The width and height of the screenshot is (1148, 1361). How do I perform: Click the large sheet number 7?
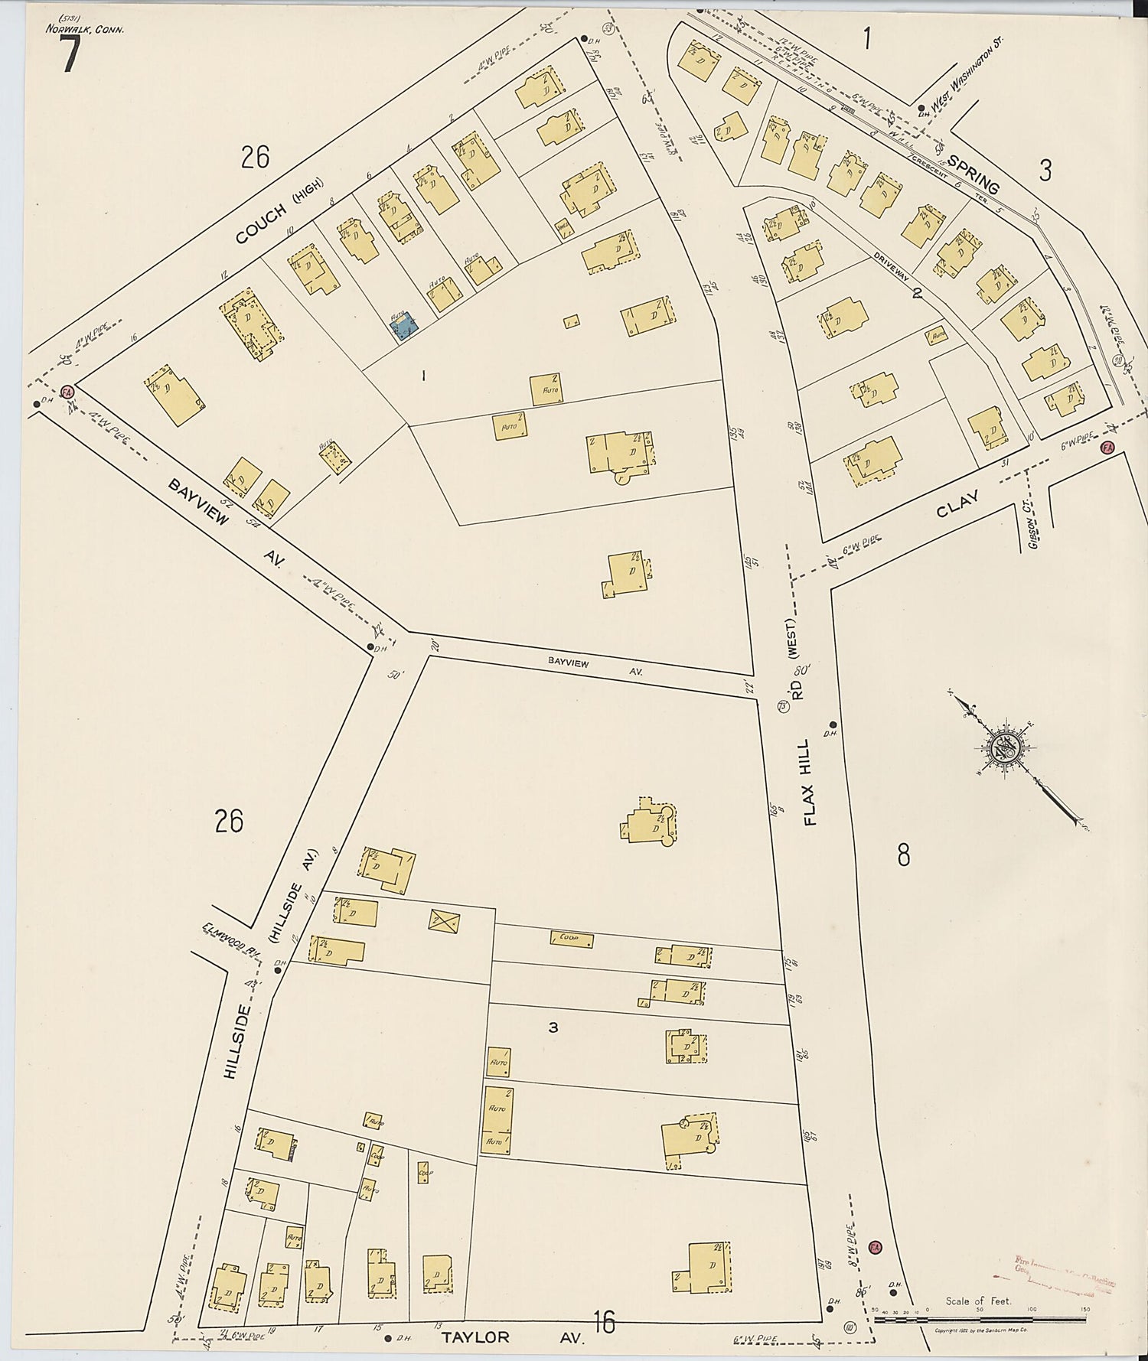point(70,56)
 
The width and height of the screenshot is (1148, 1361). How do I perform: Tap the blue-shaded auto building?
point(404,327)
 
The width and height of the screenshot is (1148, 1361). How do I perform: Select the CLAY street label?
point(957,507)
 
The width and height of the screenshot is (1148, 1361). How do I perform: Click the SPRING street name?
point(974,174)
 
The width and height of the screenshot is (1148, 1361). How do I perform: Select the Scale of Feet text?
point(977,1301)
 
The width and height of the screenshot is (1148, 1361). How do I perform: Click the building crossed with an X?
point(443,921)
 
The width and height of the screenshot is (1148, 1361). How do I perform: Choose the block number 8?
point(904,855)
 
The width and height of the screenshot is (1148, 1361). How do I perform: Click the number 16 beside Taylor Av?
point(604,1320)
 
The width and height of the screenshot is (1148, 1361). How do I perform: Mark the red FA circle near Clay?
point(1106,447)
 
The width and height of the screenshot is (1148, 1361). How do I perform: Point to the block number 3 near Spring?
point(1045,170)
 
